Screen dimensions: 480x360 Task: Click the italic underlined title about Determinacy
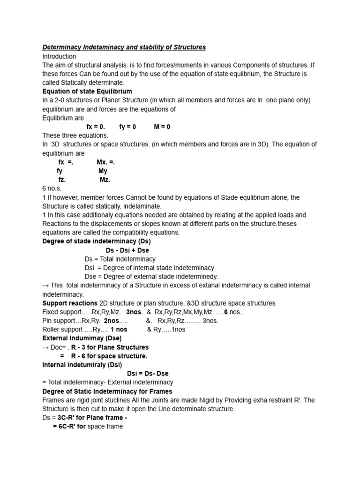coord(124,47)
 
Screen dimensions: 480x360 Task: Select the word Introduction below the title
coord(59,56)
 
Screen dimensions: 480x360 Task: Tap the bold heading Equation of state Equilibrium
coord(87,91)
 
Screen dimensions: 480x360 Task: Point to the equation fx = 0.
coord(96,127)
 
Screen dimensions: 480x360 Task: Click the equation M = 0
coord(162,127)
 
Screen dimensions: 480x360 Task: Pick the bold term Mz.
coord(105,180)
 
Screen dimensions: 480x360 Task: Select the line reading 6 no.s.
coord(52,188)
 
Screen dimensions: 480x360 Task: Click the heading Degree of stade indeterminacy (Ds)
coord(97,241)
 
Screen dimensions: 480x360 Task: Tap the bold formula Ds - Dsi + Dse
coord(127,250)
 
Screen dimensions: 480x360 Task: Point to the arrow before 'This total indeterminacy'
coord(45,285)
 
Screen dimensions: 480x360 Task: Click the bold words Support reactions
coord(70,303)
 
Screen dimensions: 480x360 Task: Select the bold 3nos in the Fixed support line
coord(134,312)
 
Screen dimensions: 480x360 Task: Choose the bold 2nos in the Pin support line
coord(112,321)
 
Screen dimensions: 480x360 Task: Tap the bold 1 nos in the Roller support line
coord(116,330)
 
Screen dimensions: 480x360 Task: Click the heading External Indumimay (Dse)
coord(82,338)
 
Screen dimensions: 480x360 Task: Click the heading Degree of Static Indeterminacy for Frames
coord(107,391)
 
